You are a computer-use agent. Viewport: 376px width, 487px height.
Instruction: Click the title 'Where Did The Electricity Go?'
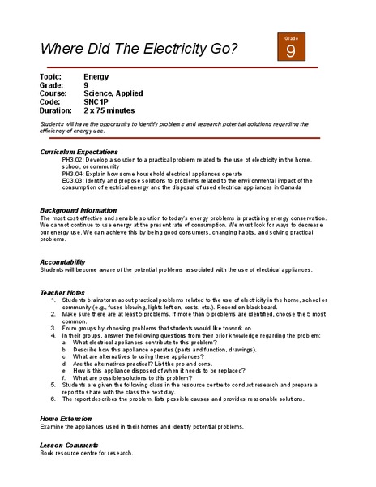139,49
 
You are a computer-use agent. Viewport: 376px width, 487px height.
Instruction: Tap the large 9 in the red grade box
291,51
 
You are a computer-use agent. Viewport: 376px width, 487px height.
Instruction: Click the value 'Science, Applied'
113,93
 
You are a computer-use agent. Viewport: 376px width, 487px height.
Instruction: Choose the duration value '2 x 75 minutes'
109,111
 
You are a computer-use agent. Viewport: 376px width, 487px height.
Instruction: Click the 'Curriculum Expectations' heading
79,152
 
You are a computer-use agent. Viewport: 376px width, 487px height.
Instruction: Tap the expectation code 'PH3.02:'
75,161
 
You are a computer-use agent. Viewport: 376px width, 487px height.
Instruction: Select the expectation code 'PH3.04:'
75,174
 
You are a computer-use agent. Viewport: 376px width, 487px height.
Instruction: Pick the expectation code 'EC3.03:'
75,181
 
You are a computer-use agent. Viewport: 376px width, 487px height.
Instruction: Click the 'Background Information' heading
78,210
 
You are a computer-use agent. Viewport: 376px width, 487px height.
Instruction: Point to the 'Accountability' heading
62,262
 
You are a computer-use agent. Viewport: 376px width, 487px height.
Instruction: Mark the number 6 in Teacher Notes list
53,399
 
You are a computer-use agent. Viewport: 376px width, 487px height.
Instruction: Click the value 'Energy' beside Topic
96,75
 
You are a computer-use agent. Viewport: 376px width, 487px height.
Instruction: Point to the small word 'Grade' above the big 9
291,37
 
